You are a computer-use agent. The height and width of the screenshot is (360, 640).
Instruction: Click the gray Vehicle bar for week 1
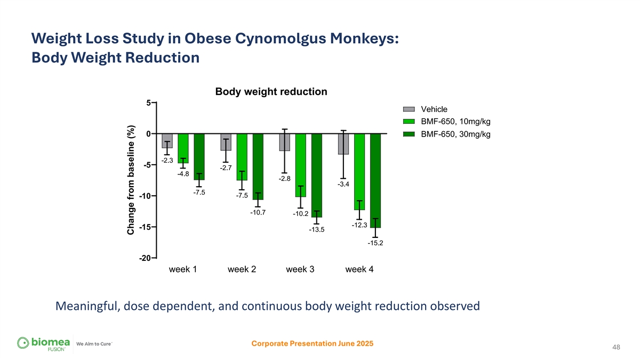(167, 140)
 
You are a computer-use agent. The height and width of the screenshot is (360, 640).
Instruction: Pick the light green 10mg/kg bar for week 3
(300, 165)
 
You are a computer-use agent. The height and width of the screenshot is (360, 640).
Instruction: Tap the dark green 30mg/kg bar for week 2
(258, 166)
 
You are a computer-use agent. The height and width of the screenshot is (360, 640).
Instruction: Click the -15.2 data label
(375, 243)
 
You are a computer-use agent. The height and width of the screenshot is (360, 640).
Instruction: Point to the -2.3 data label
(167, 160)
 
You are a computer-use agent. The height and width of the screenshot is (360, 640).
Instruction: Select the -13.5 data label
(317, 230)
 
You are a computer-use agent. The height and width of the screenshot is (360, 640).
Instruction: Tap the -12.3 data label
(359, 225)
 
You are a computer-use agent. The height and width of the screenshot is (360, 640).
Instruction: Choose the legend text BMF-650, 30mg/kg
(455, 134)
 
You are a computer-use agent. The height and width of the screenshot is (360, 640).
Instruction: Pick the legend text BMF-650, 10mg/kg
(455, 122)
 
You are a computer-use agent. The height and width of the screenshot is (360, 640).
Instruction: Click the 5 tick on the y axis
(148, 102)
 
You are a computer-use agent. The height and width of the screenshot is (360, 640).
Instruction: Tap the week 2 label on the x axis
(242, 269)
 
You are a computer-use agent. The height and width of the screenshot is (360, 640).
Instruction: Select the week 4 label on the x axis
(359, 269)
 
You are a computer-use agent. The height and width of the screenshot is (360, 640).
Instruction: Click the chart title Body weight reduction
(271, 92)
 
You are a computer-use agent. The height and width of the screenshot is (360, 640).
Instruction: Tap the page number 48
(617, 347)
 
